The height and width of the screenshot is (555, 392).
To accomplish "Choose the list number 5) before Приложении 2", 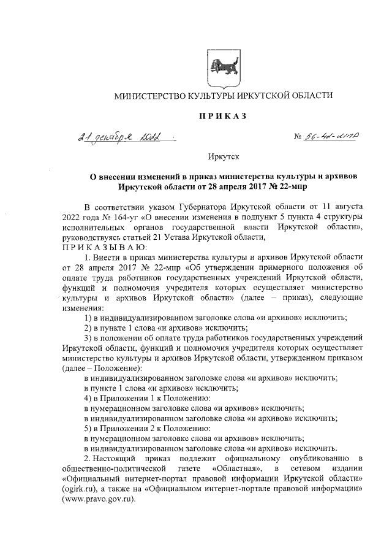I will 88,427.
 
